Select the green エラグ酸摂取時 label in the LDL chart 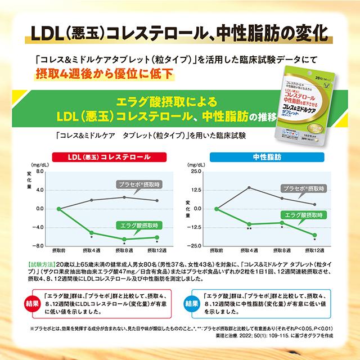click(x=139, y=225)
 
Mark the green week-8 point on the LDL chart click(x=124, y=239)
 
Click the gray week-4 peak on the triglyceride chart click(x=249, y=187)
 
